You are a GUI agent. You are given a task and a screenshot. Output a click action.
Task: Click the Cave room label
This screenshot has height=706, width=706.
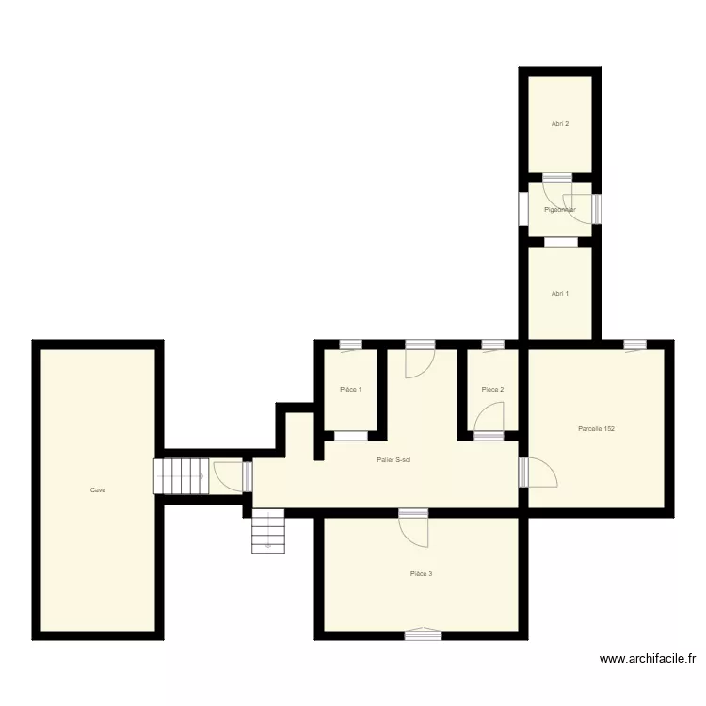tap(98, 489)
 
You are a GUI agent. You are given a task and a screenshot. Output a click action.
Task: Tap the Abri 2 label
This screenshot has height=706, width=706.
tap(559, 123)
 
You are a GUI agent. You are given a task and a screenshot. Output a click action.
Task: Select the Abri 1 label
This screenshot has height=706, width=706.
tap(559, 293)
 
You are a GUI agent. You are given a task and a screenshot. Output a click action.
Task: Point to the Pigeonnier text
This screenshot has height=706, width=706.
tap(559, 209)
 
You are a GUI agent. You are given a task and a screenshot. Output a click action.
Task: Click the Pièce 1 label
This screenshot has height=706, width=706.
tap(350, 389)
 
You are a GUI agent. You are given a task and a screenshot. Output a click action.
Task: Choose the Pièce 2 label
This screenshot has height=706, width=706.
tap(492, 389)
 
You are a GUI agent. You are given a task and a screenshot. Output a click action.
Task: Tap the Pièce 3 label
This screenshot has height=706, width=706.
tap(421, 573)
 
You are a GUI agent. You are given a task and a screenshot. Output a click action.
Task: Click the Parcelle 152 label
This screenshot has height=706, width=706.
tap(597, 429)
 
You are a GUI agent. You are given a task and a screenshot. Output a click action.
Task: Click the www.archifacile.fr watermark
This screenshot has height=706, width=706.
tap(649, 660)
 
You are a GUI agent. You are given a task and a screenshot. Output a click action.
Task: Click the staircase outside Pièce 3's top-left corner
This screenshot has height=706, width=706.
tap(268, 531)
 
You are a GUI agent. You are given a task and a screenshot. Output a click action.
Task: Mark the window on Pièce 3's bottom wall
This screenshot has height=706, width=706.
tap(423, 635)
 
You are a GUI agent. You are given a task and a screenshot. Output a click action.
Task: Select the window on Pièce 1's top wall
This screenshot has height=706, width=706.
tap(351, 345)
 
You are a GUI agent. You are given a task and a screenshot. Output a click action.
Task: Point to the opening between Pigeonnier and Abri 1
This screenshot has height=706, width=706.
tap(560, 241)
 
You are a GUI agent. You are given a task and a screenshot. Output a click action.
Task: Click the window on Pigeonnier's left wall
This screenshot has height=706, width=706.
tap(523, 209)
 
